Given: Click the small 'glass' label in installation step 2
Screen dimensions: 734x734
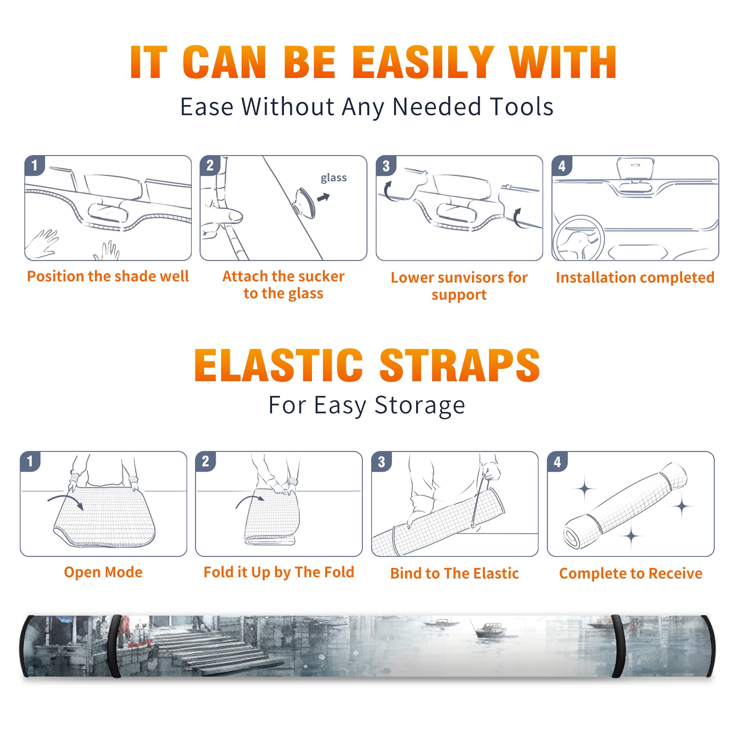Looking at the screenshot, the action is pyautogui.click(x=334, y=178).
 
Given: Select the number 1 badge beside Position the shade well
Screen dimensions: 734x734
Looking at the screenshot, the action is pyautogui.click(x=35, y=165).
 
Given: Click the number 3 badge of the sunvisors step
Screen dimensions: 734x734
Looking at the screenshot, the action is pyautogui.click(x=386, y=165).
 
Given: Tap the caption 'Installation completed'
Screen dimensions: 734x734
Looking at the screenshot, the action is pyautogui.click(x=635, y=278).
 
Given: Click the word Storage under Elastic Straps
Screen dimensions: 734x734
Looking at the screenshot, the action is pyautogui.click(x=420, y=406).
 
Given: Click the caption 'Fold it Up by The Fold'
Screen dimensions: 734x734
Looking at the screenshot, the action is pyautogui.click(x=279, y=573).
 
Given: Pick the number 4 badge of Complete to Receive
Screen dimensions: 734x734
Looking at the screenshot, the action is pyautogui.click(x=557, y=461).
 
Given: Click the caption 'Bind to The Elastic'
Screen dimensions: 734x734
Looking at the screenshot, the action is pyautogui.click(x=455, y=573).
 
